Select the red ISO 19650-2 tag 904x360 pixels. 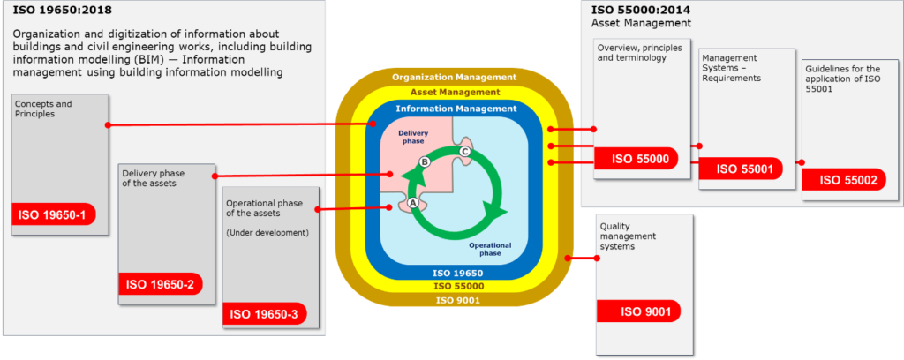161,284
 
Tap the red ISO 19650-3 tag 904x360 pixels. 265,314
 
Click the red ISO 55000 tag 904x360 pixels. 636,159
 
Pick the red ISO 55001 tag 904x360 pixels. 741,169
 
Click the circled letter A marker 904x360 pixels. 412,203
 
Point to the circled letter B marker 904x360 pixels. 425,162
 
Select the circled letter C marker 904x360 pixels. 464,152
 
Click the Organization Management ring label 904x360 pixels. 454,77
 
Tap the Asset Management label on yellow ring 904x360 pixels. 455,92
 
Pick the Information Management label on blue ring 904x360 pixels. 456,109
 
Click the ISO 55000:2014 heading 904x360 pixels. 632,10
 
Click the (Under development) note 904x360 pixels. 267,233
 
